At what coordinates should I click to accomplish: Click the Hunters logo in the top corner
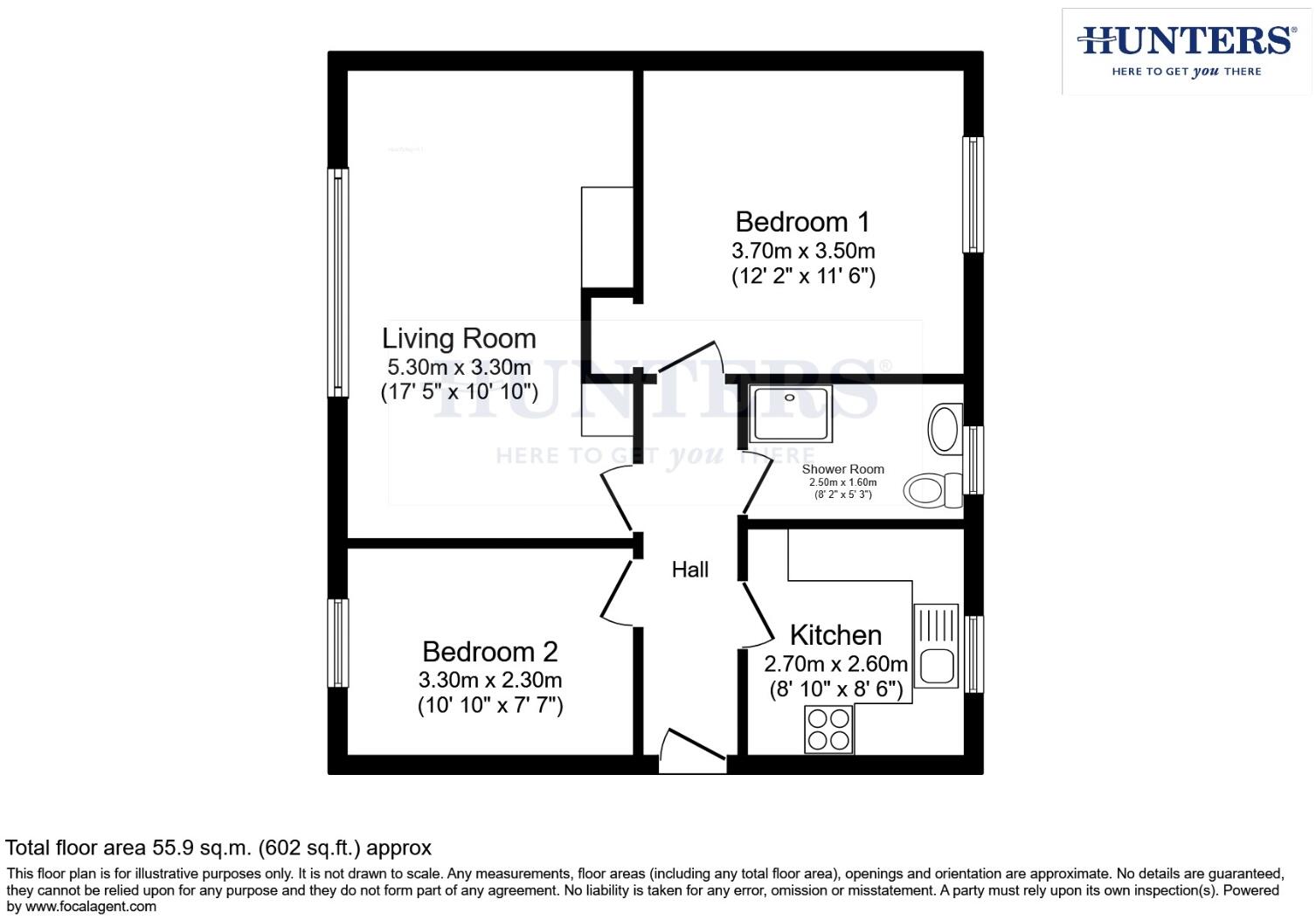1186,51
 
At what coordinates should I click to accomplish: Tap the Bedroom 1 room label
802,222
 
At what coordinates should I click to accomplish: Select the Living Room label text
459,338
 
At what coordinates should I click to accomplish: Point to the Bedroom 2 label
489,652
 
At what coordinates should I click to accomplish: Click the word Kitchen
835,634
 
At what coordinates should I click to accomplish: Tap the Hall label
689,570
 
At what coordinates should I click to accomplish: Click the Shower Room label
842,469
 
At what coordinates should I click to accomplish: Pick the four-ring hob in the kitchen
828,729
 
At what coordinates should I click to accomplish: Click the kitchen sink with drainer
935,647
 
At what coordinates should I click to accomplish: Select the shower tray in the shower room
791,412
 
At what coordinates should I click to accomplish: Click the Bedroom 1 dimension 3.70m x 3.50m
803,251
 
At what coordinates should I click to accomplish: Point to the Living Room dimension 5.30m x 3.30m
459,367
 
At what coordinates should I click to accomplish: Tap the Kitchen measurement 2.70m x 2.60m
835,663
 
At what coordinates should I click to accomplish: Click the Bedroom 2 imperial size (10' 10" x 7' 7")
489,705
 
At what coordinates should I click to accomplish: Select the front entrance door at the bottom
692,753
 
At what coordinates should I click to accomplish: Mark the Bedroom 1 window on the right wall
973,195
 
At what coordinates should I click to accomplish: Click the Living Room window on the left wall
338,281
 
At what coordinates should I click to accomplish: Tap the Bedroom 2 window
338,643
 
